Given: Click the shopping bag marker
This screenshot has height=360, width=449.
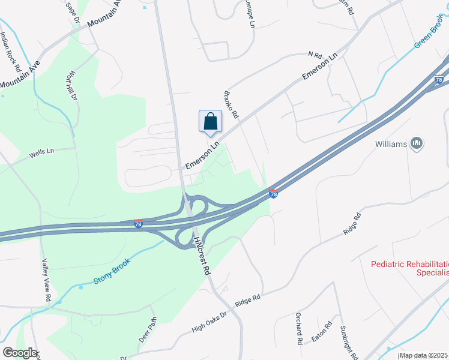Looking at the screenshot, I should pyautogui.click(x=210, y=121).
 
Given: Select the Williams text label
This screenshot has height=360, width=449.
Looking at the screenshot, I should pyautogui.click(x=391, y=144).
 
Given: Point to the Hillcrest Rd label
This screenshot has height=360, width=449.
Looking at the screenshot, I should pyautogui.click(x=202, y=255).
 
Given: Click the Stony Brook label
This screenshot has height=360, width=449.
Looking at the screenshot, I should pyautogui.click(x=112, y=272).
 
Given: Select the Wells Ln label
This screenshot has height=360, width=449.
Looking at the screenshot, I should pyautogui.click(x=41, y=153).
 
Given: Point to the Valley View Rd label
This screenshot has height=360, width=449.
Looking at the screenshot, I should pyautogui.click(x=46, y=280).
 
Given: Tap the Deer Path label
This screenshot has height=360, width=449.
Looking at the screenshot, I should pyautogui.click(x=148, y=329).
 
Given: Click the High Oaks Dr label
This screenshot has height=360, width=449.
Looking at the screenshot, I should pyautogui.click(x=209, y=322).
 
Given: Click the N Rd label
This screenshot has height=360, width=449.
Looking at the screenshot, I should pyautogui.click(x=315, y=55).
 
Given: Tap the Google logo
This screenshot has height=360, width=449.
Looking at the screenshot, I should pyautogui.click(x=19, y=353).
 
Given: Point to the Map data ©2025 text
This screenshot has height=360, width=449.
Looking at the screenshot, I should pyautogui.click(x=424, y=355).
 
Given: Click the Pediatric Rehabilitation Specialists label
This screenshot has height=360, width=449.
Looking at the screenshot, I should pyautogui.click(x=409, y=268).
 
